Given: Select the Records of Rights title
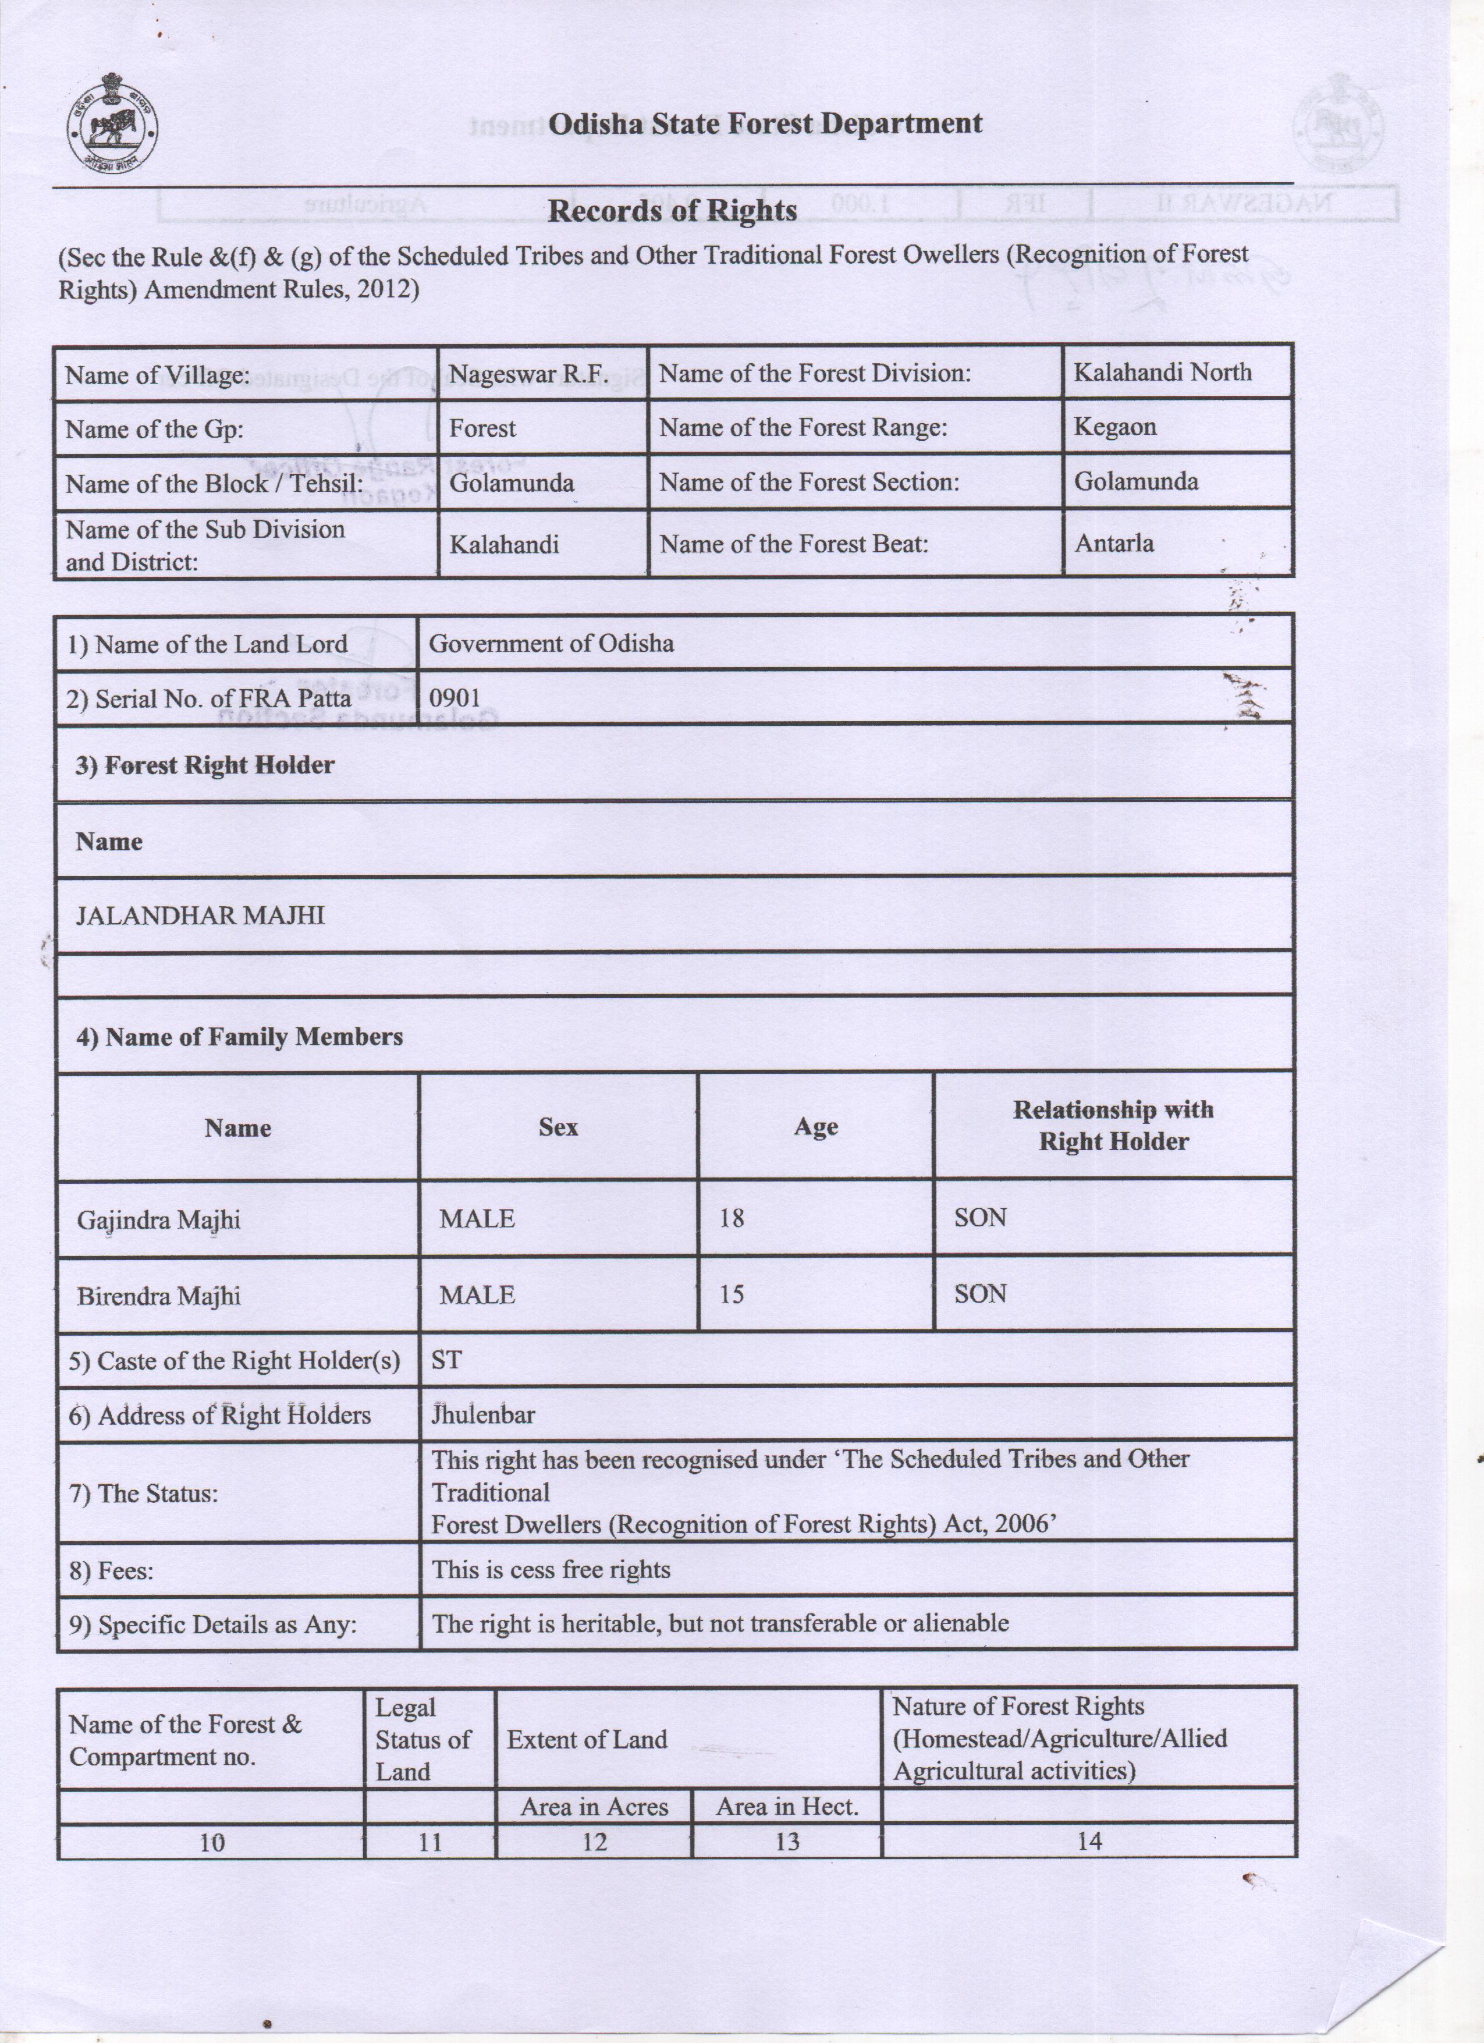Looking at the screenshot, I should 672,211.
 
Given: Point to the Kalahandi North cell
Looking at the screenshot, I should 1162,372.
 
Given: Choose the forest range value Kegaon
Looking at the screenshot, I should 1115,427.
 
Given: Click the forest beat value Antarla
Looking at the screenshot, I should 1114,543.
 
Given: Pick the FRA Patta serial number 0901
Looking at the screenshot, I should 455,698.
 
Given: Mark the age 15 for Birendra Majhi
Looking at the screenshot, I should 731,1294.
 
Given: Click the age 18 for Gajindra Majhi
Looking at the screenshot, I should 731,1218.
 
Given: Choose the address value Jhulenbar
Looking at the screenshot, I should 484,1414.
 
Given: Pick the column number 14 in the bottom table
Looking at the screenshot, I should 1089,1841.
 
